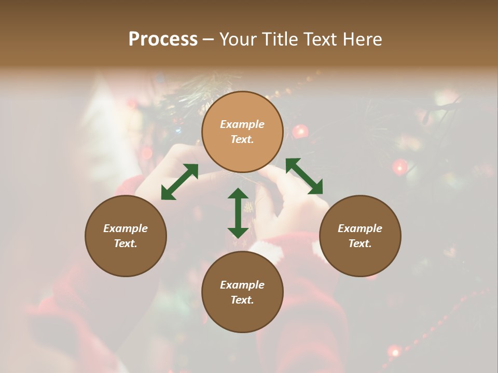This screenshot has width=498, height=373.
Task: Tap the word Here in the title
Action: (361, 39)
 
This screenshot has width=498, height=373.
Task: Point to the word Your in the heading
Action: (240, 39)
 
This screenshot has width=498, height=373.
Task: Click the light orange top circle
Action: (242, 132)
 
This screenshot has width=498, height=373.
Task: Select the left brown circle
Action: (126, 236)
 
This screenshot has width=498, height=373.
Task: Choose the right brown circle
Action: (360, 236)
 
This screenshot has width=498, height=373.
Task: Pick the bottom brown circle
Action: (242, 292)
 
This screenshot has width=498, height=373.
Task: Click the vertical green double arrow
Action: (238, 213)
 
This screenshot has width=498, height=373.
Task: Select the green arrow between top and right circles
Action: (304, 176)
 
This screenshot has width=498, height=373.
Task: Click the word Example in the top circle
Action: (242, 124)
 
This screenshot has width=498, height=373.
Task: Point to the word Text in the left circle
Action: (126, 243)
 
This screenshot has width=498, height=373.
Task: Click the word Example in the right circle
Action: (360, 228)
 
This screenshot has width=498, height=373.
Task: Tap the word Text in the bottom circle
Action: (242, 300)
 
